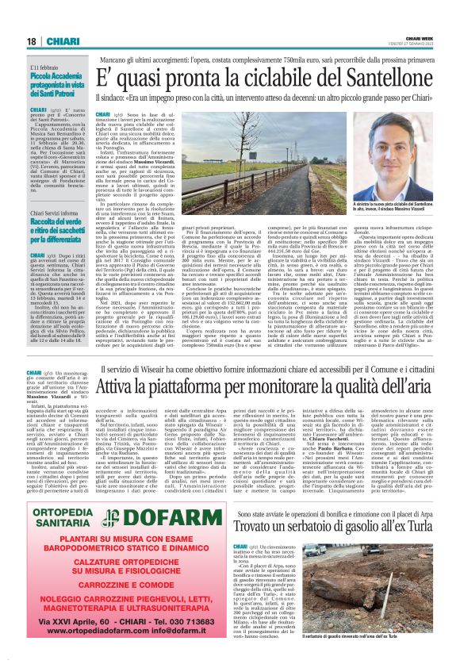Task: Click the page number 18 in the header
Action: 32,40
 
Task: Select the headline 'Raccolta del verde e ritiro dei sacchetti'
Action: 56,230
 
